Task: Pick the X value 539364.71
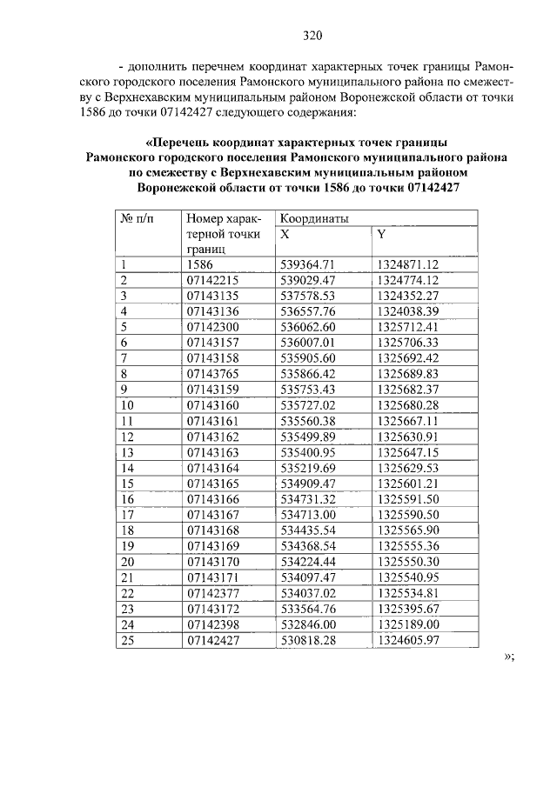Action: (308, 264)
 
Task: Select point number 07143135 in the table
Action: (211, 296)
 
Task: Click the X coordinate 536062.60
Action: (308, 327)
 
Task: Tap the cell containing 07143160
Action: (211, 405)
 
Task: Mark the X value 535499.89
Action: (308, 437)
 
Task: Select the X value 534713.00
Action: (308, 515)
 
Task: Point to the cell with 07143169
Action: (211, 546)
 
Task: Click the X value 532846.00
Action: (308, 624)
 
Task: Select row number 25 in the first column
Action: (126, 640)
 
